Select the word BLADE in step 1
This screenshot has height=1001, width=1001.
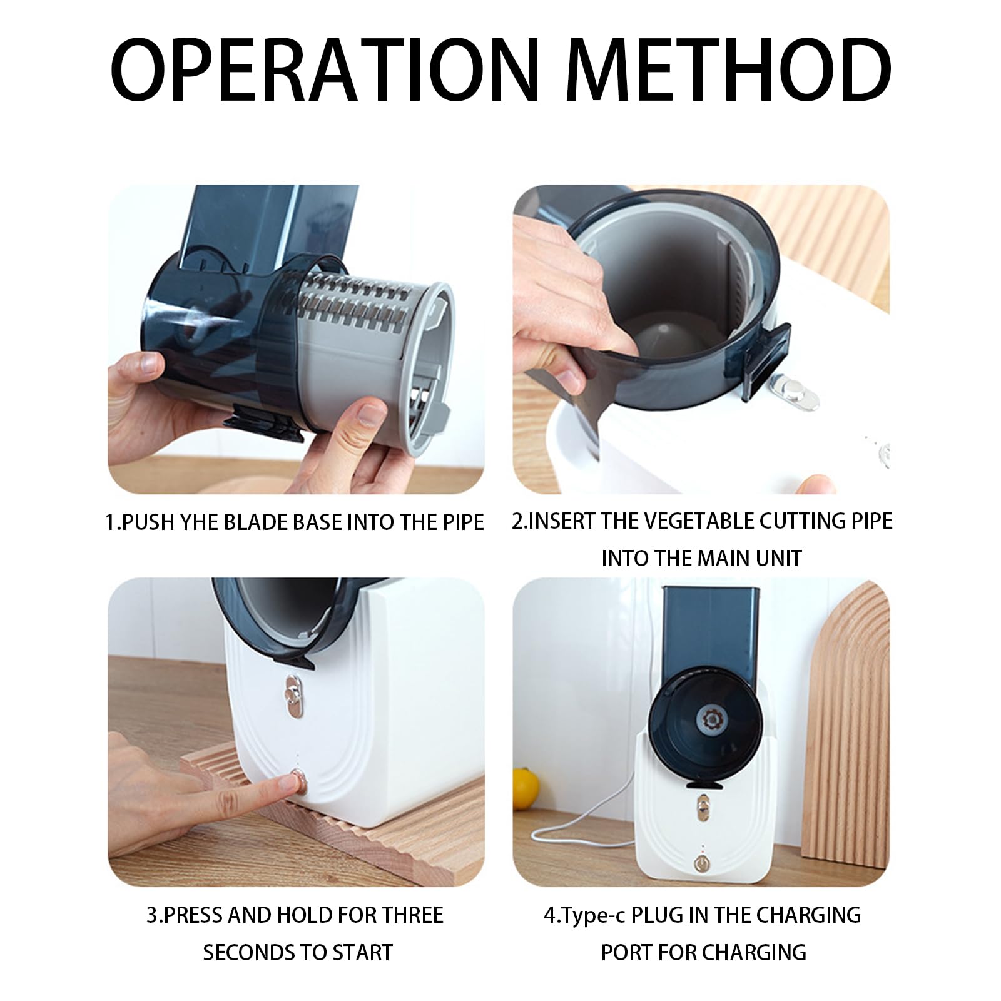coord(257,522)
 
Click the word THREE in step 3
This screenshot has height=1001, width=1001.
coord(409,915)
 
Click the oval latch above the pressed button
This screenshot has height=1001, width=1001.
coord(292,695)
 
